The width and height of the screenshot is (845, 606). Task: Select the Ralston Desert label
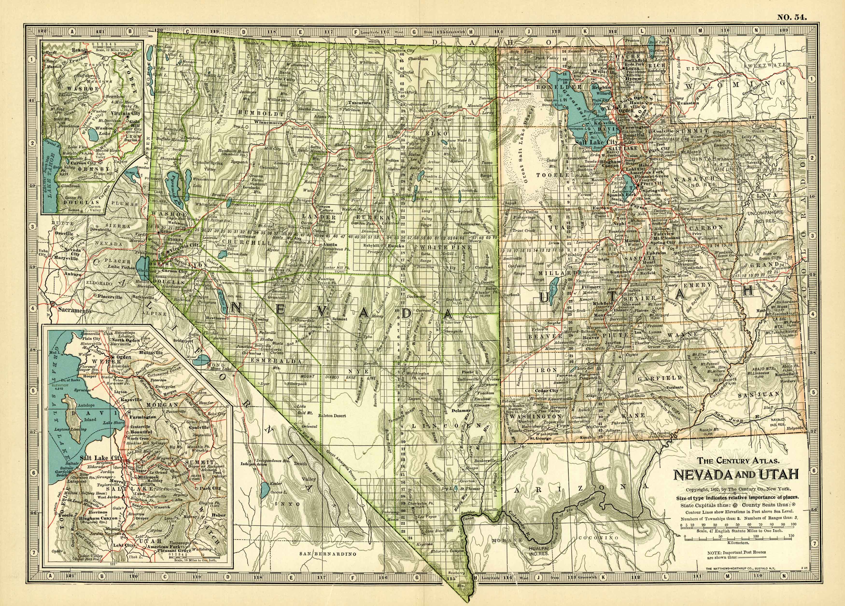tap(332, 416)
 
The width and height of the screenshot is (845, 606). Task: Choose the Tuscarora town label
tap(359, 102)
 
